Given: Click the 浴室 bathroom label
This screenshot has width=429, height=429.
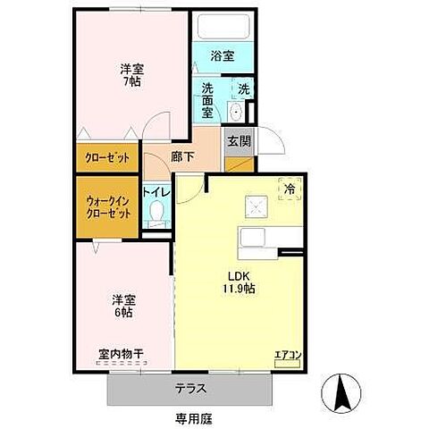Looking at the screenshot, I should pyautogui.click(x=222, y=56).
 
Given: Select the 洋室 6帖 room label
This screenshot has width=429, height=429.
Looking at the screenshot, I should pyautogui.click(x=123, y=307).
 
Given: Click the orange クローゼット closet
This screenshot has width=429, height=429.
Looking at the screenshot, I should pyautogui.click(x=107, y=157).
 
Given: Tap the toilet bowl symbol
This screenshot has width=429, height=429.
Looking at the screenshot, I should pyautogui.click(x=157, y=214).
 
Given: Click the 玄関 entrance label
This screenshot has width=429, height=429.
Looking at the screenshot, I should pyautogui.click(x=238, y=140).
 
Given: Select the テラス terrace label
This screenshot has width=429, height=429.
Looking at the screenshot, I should pyautogui.click(x=190, y=389).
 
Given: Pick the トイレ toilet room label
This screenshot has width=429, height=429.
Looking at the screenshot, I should pyautogui.click(x=156, y=190).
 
